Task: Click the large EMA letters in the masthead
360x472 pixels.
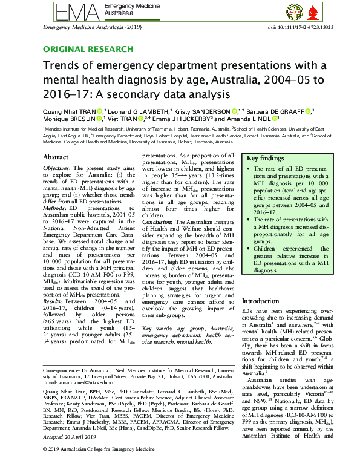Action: click(71, 11)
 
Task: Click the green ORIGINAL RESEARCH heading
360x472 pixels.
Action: click(88, 49)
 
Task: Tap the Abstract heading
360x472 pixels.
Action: click(56, 157)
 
